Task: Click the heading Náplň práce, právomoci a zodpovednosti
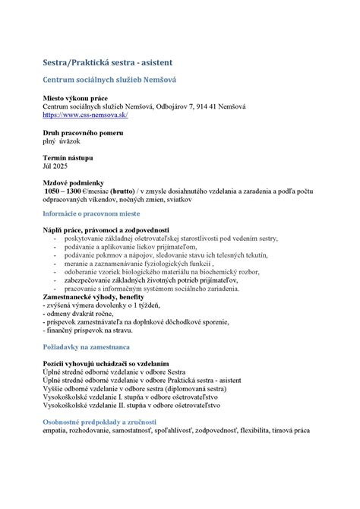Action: click(x=106, y=229)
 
